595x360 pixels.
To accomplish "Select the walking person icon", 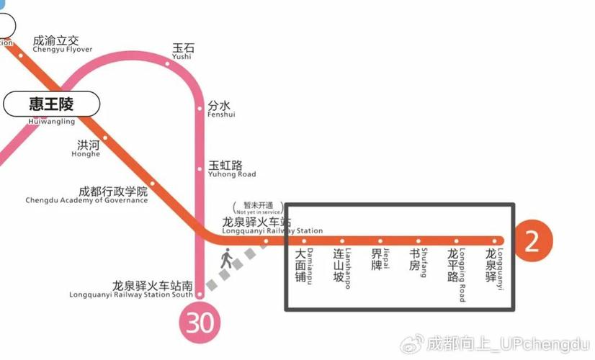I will (x=227, y=259).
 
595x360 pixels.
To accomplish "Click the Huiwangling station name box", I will (x=51, y=104).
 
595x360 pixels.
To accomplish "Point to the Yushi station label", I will (x=182, y=51).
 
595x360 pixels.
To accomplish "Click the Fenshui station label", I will (x=220, y=109).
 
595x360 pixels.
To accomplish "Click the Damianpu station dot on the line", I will (x=304, y=240).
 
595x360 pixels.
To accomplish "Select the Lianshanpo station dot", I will (x=342, y=240).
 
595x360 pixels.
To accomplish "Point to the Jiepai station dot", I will (x=380, y=240).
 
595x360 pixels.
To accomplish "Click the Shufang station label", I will (x=419, y=264).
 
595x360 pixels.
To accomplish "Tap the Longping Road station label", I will (x=457, y=271).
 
